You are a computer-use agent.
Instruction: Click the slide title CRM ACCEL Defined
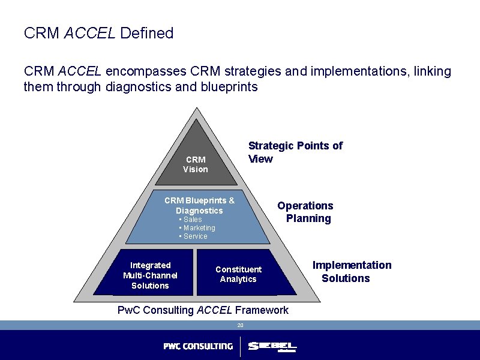(x=98, y=33)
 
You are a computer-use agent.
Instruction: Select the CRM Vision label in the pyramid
(x=196, y=164)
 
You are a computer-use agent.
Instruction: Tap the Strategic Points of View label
(x=295, y=152)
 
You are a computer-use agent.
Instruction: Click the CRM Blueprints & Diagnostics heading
(x=199, y=205)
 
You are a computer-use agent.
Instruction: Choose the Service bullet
(x=193, y=236)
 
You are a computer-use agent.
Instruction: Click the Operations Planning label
(x=306, y=212)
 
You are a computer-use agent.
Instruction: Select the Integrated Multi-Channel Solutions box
(x=151, y=275)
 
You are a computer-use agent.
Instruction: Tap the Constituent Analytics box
(x=238, y=274)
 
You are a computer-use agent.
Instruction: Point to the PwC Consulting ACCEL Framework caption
(x=203, y=310)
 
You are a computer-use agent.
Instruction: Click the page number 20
(x=240, y=325)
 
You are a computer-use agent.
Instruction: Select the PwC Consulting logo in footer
(x=198, y=346)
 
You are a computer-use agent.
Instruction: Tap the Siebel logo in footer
(x=272, y=347)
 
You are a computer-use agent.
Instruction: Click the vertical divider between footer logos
(x=240, y=347)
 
